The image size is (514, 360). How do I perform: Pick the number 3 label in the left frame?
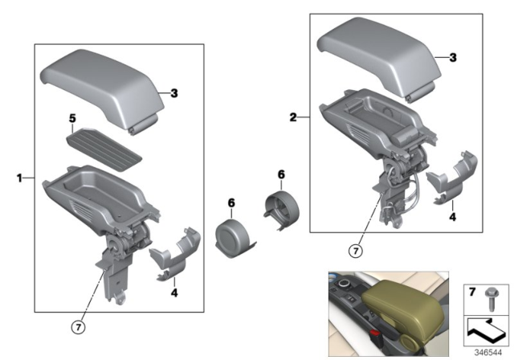pyautogui.click(x=173, y=94)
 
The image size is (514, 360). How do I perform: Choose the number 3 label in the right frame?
pyautogui.click(x=452, y=58)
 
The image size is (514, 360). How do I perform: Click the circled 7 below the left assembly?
pyautogui.click(x=79, y=325)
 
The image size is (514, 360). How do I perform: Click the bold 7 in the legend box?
pyautogui.click(x=473, y=288)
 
